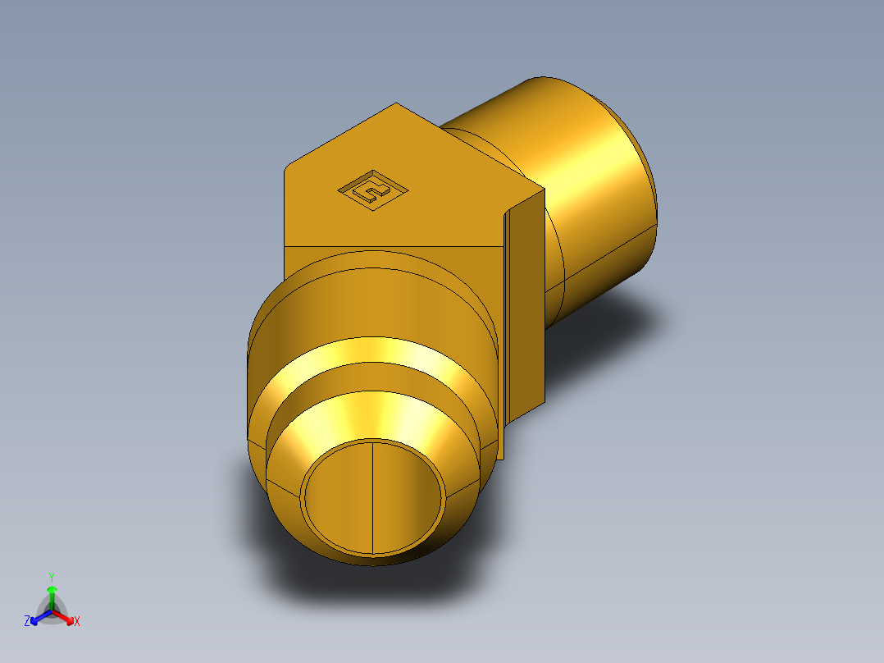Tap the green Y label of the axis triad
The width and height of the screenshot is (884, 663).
51,577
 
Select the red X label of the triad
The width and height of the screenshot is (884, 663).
77,622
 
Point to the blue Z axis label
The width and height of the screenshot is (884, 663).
27,622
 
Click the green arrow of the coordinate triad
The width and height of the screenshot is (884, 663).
52,594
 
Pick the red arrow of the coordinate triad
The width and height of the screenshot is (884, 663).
66,616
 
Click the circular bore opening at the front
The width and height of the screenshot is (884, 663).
373,496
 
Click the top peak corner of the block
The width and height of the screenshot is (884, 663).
397,104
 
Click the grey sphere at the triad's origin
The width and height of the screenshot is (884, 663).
52,612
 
